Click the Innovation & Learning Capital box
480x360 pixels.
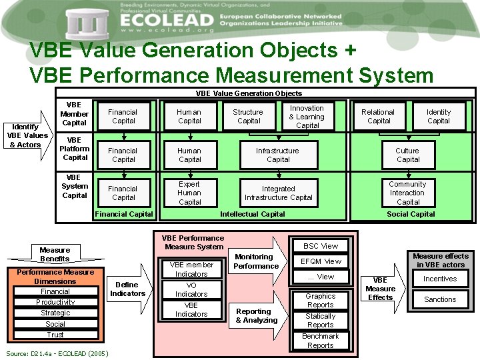pos(307,117)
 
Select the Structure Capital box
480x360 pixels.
pos(248,117)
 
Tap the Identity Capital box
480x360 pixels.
pos(438,117)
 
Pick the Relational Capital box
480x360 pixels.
pos(378,117)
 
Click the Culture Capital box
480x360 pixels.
pos(407,155)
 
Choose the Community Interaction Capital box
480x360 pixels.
pos(407,193)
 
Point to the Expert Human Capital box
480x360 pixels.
pos(189,193)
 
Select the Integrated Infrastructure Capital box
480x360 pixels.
pos(278,193)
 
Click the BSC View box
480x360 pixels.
pos(321,246)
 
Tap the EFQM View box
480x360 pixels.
pos(321,261)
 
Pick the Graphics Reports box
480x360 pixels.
pos(321,301)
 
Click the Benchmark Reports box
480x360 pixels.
pos(321,341)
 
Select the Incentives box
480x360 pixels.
pos(440,279)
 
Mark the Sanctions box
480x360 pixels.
pos(440,299)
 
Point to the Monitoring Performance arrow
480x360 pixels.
pos(257,261)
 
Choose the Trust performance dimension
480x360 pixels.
pos(55,335)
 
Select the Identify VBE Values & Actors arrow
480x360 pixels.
pos(28,135)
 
